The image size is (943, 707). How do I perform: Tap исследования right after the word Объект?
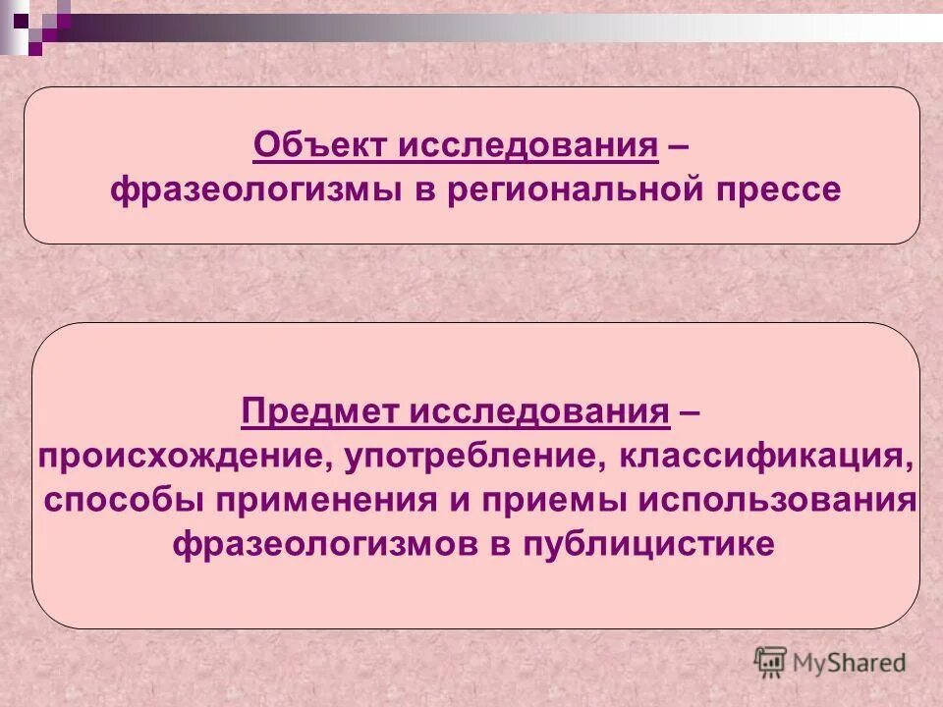[527, 146]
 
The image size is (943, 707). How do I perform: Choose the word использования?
[778, 500]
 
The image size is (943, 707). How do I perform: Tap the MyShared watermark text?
[849, 663]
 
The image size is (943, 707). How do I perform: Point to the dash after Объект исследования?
[677, 146]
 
